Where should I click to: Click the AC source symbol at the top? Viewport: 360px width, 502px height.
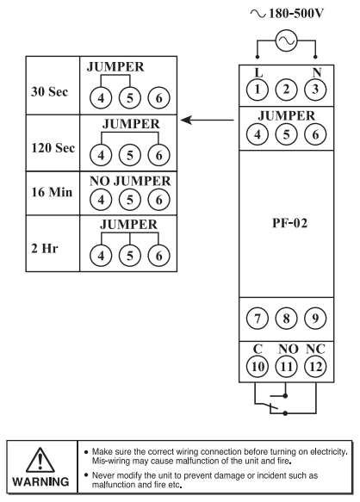(286, 40)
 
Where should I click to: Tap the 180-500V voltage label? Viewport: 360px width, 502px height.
(296, 14)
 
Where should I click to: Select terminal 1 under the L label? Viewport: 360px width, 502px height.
(258, 90)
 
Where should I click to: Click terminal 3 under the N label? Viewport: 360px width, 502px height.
(315, 90)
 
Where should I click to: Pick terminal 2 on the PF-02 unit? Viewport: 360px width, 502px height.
(286, 90)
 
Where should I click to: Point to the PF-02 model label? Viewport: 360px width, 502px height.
(289, 223)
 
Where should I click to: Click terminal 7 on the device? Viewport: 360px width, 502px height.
(258, 319)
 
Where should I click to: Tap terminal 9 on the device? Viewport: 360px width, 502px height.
(315, 319)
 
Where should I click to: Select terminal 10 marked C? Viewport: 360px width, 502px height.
(258, 367)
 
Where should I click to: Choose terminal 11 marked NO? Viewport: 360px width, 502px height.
(286, 367)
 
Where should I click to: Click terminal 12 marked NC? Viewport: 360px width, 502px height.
(315, 367)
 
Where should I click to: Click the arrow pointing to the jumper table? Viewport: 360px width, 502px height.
(208, 121)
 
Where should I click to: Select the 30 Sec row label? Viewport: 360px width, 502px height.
(50, 92)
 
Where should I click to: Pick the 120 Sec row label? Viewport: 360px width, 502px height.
(53, 148)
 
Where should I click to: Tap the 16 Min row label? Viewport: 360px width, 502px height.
(52, 192)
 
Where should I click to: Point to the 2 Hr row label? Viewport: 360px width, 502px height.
(45, 248)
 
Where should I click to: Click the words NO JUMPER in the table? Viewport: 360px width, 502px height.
(130, 181)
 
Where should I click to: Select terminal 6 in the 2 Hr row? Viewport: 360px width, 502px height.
(158, 256)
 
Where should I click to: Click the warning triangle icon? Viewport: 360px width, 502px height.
(40, 460)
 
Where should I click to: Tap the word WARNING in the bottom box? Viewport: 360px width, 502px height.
(40, 482)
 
